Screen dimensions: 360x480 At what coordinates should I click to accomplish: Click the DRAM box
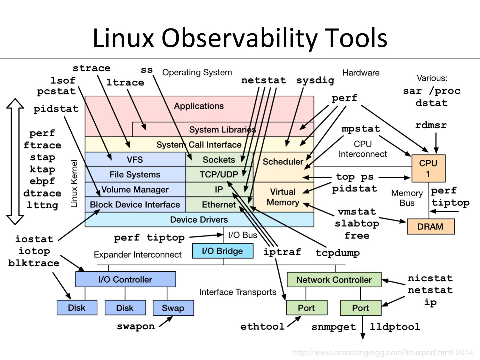(430, 227)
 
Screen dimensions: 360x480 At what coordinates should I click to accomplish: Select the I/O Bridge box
(222, 251)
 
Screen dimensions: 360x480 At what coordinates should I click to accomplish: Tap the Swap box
(173, 308)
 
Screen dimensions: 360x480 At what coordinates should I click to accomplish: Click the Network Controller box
(334, 280)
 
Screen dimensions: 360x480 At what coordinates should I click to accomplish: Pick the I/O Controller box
(125, 279)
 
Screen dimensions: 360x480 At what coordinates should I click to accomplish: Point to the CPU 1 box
(428, 168)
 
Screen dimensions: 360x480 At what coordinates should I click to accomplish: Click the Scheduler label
(283, 162)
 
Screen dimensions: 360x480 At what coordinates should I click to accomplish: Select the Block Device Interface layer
(135, 204)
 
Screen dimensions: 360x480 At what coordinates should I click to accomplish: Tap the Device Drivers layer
(199, 220)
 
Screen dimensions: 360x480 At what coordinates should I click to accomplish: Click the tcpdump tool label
(338, 253)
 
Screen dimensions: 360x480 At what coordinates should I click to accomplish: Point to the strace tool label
(92, 68)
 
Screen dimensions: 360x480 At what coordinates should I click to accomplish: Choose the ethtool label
(262, 326)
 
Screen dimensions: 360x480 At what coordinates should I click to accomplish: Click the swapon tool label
(136, 326)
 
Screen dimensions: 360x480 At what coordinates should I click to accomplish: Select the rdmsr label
(431, 125)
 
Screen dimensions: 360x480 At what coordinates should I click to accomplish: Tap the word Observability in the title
(240, 38)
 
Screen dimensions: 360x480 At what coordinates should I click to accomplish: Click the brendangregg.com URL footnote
(382, 353)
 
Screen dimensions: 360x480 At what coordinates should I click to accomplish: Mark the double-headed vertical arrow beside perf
(15, 162)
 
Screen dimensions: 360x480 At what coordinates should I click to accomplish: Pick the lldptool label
(395, 327)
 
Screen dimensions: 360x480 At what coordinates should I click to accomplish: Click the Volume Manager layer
(135, 189)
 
